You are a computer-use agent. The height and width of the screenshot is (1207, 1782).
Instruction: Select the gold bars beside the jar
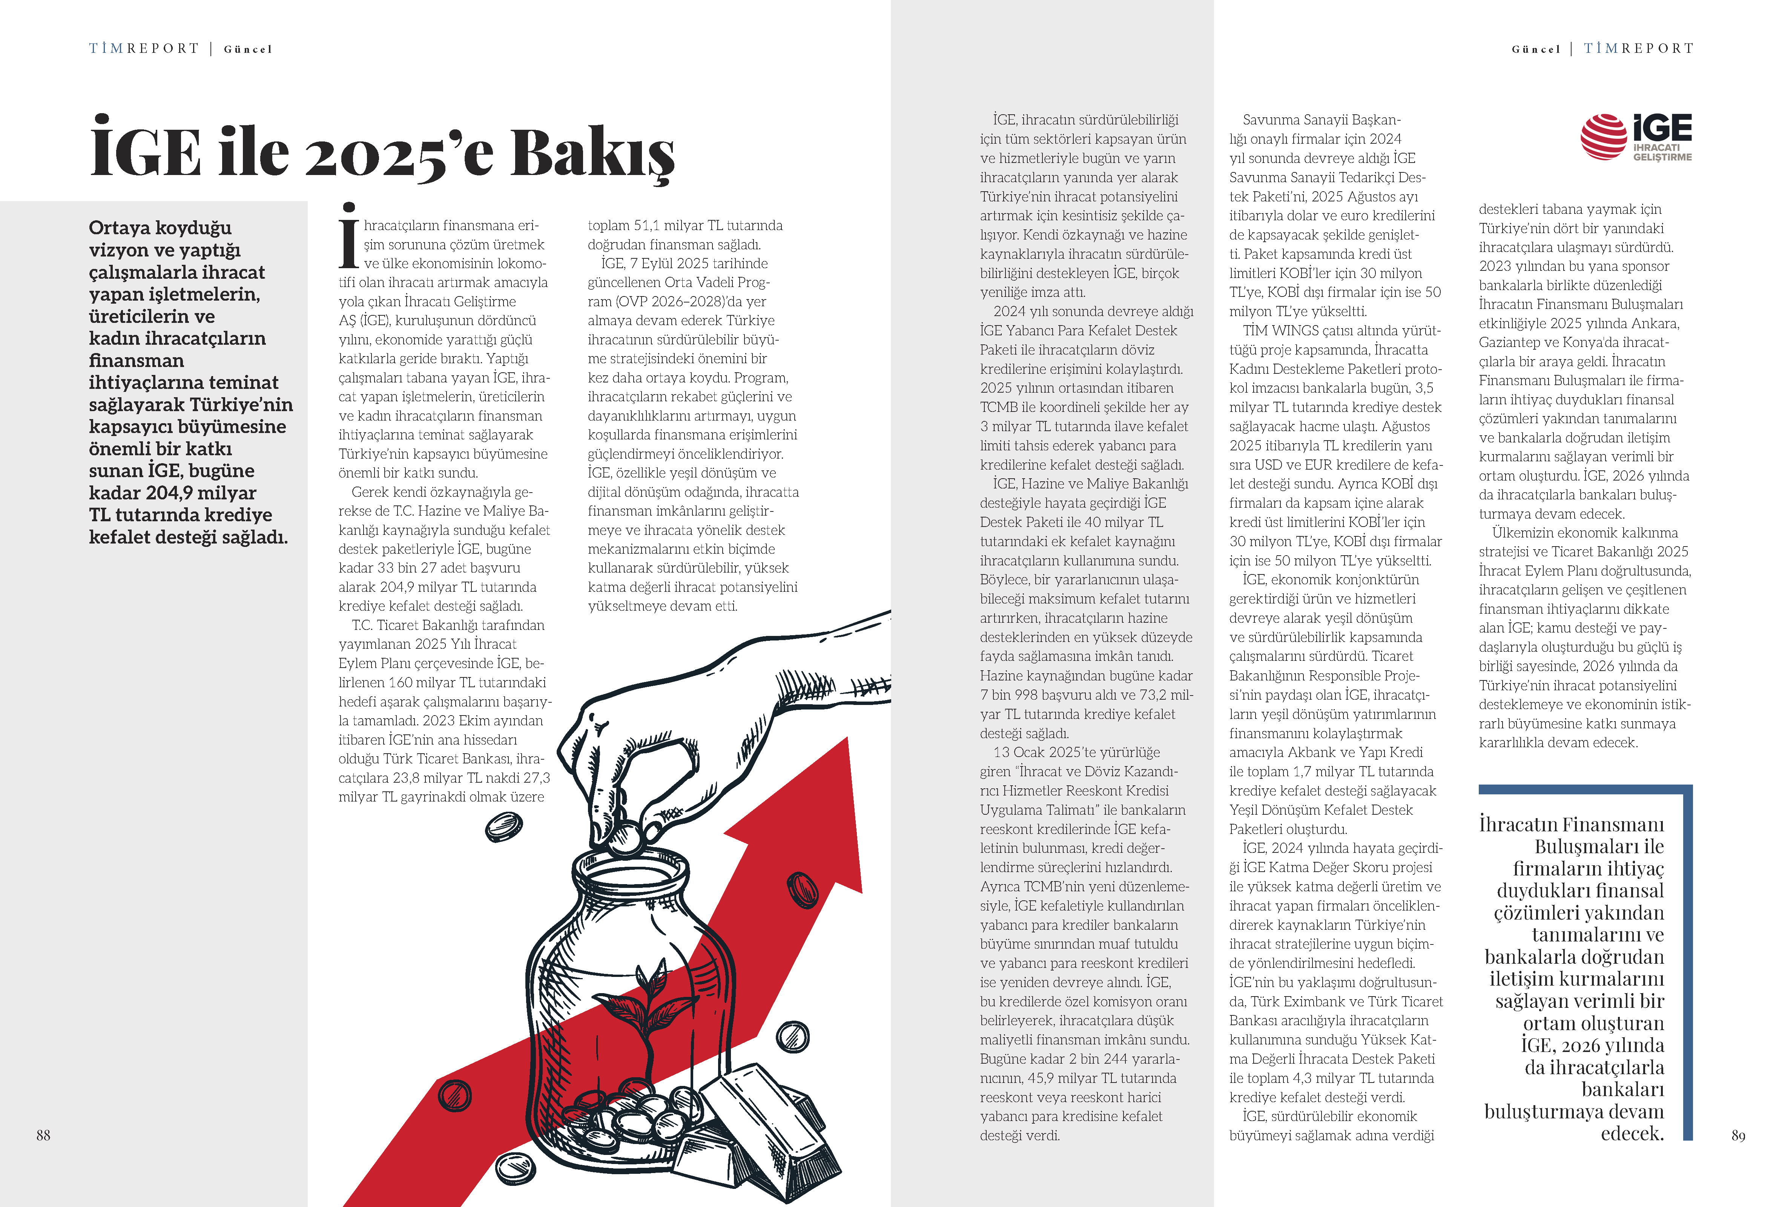pyautogui.click(x=759, y=1127)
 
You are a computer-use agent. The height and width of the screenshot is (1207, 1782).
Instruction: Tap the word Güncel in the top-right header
pyautogui.click(x=1536, y=49)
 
